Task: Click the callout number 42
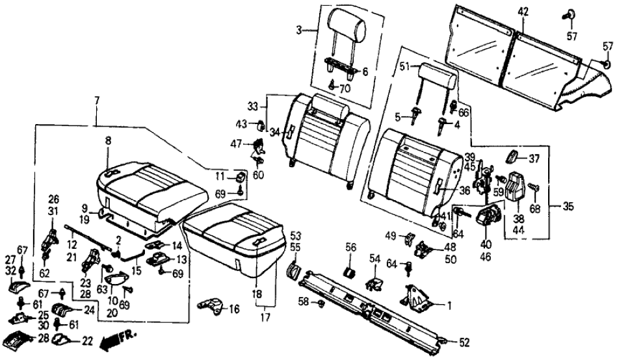(523, 11)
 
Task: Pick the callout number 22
(87, 341)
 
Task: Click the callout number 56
(351, 248)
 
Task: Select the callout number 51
(404, 67)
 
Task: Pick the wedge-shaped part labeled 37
(513, 157)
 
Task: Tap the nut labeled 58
(321, 302)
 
